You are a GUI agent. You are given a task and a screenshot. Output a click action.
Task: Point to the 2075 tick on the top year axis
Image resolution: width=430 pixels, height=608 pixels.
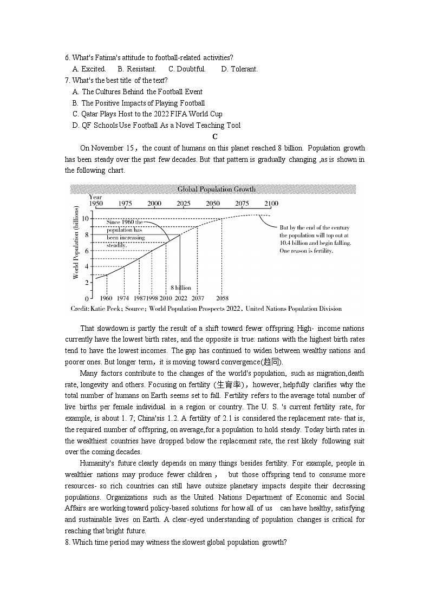coord(242,204)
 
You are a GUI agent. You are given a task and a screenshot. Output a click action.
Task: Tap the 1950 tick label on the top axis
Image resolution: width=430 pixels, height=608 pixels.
coord(96,204)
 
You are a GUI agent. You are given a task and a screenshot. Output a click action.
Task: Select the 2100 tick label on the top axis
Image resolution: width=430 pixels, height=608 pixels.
coord(271,204)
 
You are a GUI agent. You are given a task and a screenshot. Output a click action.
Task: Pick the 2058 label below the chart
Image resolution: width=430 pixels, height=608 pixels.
coord(221,298)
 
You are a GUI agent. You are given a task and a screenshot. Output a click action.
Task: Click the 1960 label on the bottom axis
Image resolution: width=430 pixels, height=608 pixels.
coord(106,298)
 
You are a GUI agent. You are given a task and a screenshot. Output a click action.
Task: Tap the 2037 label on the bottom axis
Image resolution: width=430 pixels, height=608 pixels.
coord(198,298)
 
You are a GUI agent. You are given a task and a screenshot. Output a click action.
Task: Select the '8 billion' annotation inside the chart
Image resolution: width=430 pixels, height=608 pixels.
coord(181,287)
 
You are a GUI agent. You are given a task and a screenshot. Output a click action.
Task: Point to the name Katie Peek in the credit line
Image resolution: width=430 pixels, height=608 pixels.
coord(107,309)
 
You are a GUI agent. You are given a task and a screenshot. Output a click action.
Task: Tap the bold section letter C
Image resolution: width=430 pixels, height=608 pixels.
coord(215,136)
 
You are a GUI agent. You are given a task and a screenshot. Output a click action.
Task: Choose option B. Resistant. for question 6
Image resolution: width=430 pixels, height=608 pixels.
coord(137,69)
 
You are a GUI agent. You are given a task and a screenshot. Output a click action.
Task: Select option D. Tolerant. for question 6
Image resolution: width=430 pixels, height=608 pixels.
coord(239,69)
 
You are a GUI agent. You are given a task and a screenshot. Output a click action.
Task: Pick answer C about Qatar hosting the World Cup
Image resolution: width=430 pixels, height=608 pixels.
coord(147,114)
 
